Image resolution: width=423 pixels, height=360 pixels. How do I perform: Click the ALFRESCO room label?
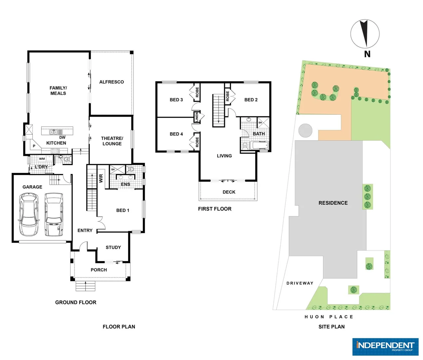click(112, 82)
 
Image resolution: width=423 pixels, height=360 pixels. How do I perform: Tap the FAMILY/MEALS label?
click(58, 91)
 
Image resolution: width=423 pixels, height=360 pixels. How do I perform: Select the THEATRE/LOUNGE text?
click(112, 141)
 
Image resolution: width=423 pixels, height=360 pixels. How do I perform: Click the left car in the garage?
click(29, 214)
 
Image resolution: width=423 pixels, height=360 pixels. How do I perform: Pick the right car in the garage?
click(54, 214)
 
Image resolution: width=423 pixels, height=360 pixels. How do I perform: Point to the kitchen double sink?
click(54, 132)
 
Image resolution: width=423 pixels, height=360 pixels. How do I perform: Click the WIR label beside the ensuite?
click(101, 178)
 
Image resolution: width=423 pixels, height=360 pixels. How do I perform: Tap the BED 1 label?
click(123, 210)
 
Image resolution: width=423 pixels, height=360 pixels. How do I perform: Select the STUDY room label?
click(113, 247)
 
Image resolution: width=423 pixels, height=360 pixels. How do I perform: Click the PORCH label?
click(99, 270)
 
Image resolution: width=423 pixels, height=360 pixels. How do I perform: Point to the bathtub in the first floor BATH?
click(259, 145)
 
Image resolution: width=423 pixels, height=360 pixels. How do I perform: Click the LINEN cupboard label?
click(197, 117)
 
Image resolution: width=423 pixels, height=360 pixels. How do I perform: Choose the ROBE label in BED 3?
click(197, 92)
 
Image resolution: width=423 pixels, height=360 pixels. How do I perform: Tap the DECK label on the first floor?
click(229, 192)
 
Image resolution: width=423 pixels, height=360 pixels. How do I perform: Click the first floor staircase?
click(218, 110)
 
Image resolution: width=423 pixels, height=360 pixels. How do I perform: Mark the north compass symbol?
click(365, 34)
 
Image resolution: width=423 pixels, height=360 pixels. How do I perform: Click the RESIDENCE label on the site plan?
click(333, 203)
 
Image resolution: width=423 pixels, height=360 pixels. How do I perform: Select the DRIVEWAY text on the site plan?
click(300, 283)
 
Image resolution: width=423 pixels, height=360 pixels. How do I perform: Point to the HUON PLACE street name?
click(329, 317)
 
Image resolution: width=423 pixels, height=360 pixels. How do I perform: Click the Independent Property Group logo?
click(385, 347)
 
